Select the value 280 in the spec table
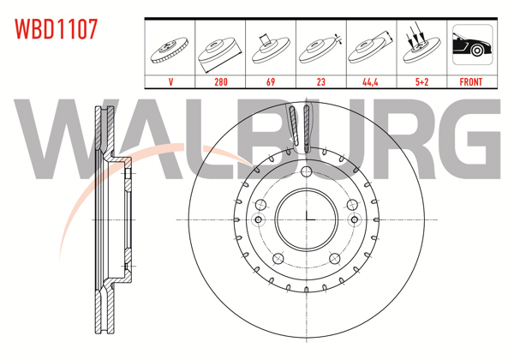[x=221, y=82]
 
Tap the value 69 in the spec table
[x=271, y=82]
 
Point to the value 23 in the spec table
[x=320, y=82]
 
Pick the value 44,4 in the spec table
[x=370, y=82]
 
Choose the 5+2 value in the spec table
[x=420, y=82]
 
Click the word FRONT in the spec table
[x=470, y=82]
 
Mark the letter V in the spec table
[x=171, y=82]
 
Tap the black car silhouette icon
[x=470, y=46]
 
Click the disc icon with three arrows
[x=420, y=46]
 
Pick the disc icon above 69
[x=271, y=46]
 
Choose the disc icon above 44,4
[x=370, y=48]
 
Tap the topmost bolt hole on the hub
[x=306, y=172]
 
